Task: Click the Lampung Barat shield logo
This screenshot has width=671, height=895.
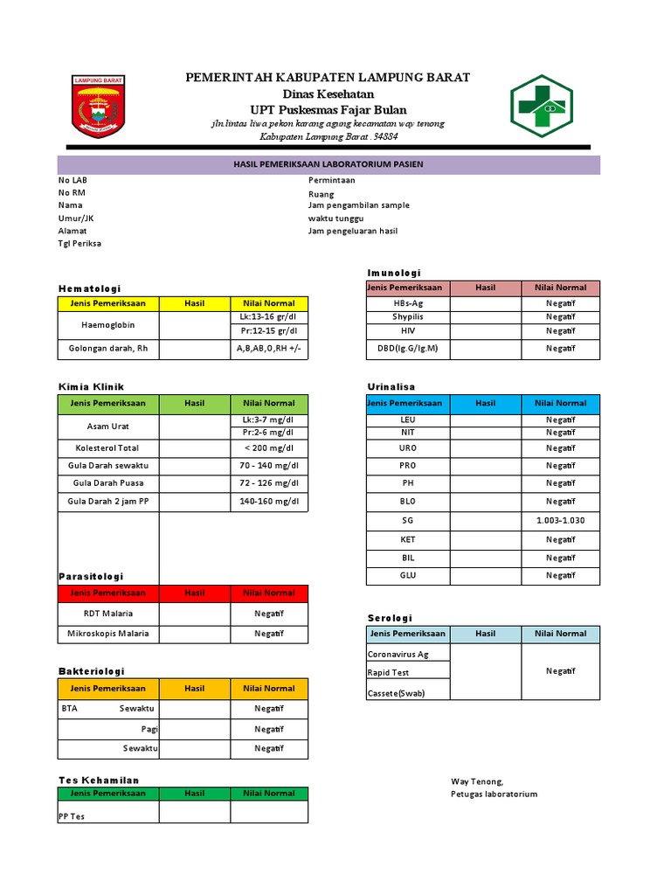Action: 97,106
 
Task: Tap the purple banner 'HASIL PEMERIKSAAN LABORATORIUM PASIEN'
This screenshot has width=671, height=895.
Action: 329,164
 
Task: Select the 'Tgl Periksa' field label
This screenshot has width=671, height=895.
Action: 80,243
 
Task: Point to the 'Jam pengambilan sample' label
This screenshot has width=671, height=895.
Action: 358,205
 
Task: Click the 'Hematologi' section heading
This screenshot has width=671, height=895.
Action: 89,288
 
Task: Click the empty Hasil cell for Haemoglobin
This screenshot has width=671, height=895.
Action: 194,324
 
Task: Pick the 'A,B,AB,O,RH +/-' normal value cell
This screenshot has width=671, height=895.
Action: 268,348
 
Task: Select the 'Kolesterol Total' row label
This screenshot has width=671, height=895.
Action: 108,447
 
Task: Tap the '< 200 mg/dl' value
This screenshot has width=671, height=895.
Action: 268,447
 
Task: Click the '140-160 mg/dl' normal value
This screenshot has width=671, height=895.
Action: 268,502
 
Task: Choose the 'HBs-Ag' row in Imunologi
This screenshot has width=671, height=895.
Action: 407,303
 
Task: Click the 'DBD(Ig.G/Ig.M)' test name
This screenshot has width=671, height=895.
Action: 407,348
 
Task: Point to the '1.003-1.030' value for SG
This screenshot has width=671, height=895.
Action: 560,520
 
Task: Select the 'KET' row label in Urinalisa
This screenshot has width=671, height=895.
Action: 407,539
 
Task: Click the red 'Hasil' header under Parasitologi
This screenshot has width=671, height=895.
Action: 194,593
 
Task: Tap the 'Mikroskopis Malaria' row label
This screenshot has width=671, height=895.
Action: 108,634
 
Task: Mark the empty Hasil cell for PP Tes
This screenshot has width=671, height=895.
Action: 194,812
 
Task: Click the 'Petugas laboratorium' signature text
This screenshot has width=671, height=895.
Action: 494,794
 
